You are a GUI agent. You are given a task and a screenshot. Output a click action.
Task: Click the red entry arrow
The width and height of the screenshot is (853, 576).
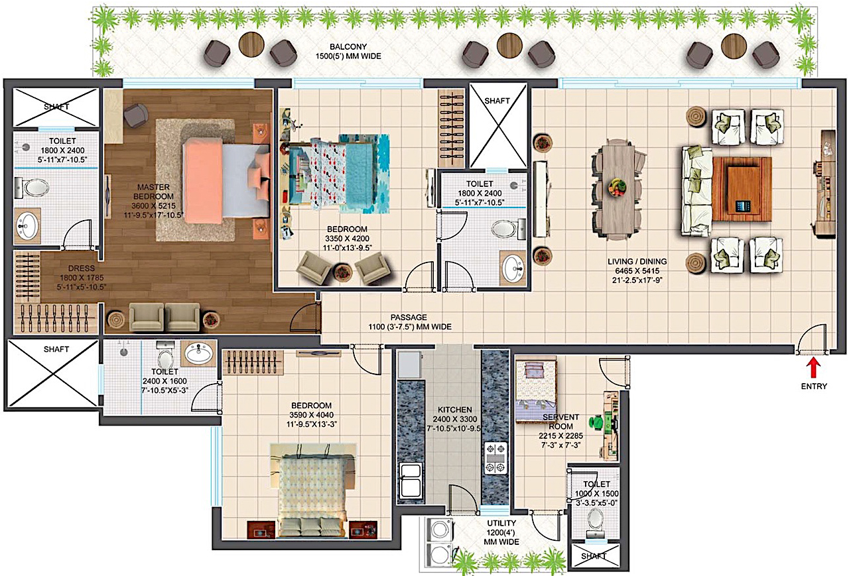pyautogui.click(x=814, y=369)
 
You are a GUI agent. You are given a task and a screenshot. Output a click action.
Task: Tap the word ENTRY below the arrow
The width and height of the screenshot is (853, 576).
pyautogui.click(x=814, y=386)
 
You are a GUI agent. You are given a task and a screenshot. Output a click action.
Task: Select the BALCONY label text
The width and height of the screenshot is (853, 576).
pyautogui.click(x=348, y=47)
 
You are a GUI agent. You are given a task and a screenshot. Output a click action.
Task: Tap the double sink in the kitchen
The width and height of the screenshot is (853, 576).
pyautogui.click(x=410, y=480)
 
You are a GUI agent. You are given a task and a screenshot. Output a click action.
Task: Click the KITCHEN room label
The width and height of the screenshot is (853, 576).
pyautogui.click(x=454, y=410)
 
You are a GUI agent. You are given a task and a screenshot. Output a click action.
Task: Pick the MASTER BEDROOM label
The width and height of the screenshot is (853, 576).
pyautogui.click(x=153, y=192)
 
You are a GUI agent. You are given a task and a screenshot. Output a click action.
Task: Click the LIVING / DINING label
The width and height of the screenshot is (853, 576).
pyautogui.click(x=637, y=262)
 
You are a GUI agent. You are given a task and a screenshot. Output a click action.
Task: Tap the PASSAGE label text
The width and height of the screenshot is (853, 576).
pyautogui.click(x=409, y=317)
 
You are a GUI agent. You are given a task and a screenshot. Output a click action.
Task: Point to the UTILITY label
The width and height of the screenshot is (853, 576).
pyautogui.click(x=501, y=523)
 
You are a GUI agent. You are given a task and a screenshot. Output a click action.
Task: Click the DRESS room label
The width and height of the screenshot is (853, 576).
pyautogui.click(x=81, y=268)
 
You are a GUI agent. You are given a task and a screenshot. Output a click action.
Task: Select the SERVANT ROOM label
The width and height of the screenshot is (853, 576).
pyautogui.click(x=560, y=422)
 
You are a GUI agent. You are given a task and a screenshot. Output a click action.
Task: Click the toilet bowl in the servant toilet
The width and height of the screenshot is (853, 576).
pyautogui.click(x=596, y=518)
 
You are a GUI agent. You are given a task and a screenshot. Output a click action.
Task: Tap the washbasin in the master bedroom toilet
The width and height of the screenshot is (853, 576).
pyautogui.click(x=27, y=225)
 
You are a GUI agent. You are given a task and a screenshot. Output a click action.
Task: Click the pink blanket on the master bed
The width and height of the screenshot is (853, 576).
pyautogui.click(x=202, y=181)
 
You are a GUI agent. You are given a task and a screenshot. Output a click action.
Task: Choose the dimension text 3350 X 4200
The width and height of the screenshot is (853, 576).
pyautogui.click(x=347, y=239)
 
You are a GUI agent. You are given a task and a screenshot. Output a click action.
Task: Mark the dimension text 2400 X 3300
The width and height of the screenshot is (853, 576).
pyautogui.click(x=454, y=420)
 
